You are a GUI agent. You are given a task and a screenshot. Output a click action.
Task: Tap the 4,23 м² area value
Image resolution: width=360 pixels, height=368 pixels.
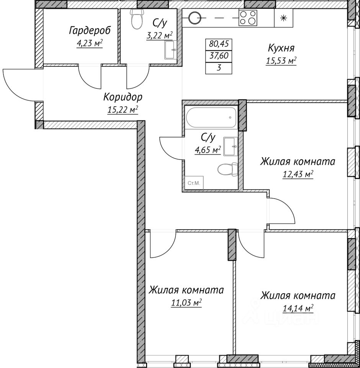point(90,43)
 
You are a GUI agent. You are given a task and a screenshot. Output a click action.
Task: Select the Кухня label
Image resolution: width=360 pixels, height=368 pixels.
point(281,48)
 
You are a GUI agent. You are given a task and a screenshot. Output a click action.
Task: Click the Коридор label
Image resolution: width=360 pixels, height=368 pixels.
point(119,97)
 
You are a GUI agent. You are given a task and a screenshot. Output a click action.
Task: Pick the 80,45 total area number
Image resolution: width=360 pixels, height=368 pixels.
point(219,44)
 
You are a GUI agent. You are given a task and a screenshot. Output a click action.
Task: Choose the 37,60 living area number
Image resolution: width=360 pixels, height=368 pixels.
point(219,56)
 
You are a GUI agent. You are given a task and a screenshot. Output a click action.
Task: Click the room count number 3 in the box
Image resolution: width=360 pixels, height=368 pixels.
point(219,68)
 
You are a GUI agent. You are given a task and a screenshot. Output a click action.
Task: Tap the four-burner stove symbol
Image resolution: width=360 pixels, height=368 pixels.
point(248,18)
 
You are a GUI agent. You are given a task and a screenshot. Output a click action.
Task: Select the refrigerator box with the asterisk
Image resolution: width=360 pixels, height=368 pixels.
point(283,18)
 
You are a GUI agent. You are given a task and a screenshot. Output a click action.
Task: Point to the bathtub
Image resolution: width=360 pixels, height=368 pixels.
point(211,117)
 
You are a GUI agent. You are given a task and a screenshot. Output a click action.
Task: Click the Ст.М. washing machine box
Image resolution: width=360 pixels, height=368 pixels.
point(194,184)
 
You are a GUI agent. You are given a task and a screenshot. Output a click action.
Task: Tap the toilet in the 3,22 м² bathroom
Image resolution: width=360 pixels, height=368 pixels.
point(136,20)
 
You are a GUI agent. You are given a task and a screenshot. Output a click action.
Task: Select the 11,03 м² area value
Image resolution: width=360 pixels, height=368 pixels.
point(186,303)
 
